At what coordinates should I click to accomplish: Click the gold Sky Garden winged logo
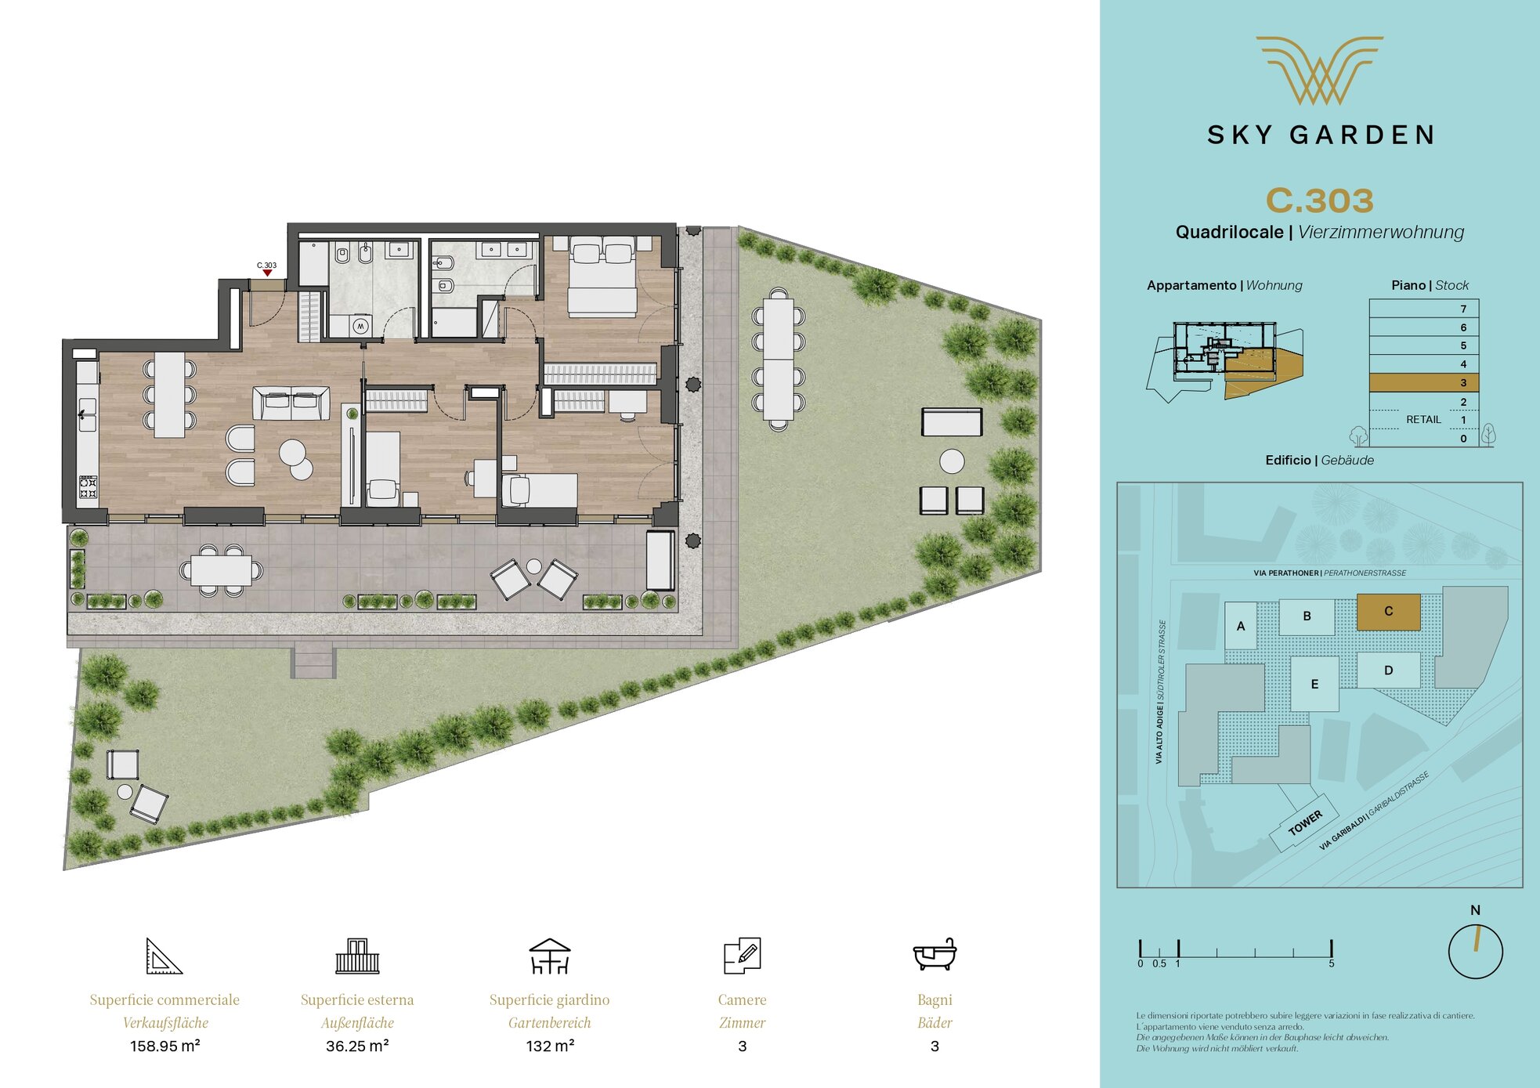[x=1320, y=70]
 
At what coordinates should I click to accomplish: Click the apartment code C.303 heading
[x=1320, y=201]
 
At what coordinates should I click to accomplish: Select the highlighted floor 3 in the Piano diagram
[x=1423, y=382]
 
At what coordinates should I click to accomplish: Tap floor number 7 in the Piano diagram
[x=1463, y=309]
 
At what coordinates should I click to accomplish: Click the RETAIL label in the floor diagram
[x=1423, y=419]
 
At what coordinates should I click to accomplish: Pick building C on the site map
[x=1388, y=612]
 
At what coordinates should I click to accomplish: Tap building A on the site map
[x=1240, y=626]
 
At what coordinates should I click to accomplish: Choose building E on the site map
[x=1314, y=684]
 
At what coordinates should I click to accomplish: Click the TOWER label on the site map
[x=1305, y=823]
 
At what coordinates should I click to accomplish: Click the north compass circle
[x=1475, y=952]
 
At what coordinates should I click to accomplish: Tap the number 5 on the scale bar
[x=1331, y=963]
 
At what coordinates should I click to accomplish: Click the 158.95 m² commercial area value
[x=164, y=1046]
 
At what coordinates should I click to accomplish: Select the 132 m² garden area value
[x=550, y=1046]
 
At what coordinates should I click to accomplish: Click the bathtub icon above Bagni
[x=934, y=954]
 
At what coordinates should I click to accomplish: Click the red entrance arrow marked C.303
[x=267, y=273]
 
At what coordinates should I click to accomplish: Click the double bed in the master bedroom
[x=602, y=277]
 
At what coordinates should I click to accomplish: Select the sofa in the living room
[x=291, y=403]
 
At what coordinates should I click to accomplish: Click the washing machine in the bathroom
[x=360, y=326]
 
